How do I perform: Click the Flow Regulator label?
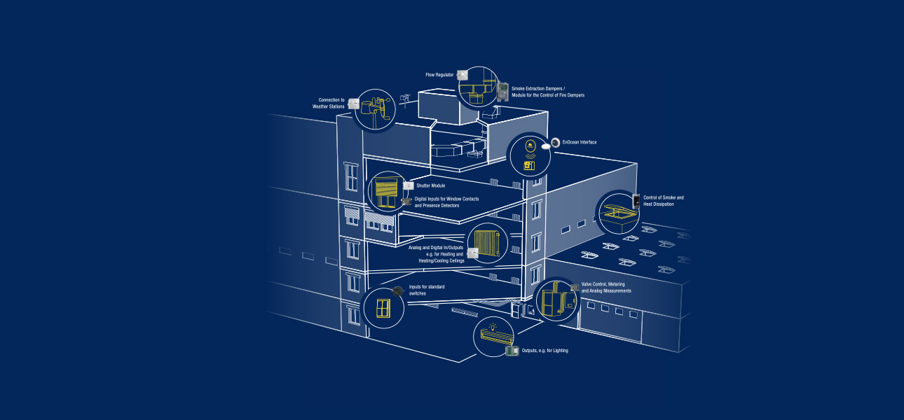click(x=439, y=74)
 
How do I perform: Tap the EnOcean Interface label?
click(x=579, y=142)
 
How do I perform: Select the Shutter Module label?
click(x=430, y=185)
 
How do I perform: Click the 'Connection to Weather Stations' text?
click(x=329, y=103)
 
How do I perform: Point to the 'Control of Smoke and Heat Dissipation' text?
click(x=663, y=201)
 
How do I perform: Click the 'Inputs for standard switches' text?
click(x=427, y=290)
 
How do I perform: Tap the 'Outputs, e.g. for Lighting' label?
click(x=545, y=350)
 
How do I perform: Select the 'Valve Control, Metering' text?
click(x=606, y=287)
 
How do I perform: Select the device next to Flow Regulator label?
click(x=462, y=74)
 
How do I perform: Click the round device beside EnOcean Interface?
click(x=555, y=142)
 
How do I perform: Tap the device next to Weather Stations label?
click(x=355, y=104)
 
